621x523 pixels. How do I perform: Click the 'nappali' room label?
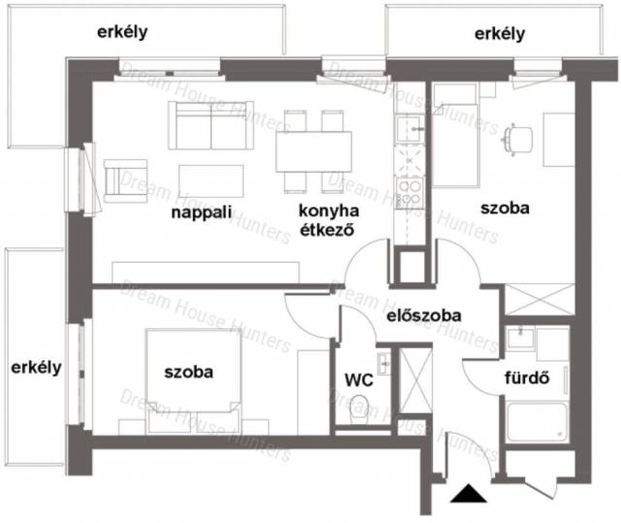point(202,212)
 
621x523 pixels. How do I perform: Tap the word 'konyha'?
point(329,211)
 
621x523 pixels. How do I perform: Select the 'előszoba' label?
point(424,315)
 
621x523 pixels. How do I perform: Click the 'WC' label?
point(359,380)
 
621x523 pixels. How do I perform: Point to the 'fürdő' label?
point(527,377)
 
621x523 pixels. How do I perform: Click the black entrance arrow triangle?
point(469,493)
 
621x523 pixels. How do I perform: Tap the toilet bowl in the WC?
point(360,409)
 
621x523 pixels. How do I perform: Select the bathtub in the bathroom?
point(538,422)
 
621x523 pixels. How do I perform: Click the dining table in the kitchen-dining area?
point(313,151)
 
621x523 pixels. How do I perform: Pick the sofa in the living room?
point(212,125)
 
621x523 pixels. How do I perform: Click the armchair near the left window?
point(125,180)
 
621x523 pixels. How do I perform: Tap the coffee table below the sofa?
point(212,180)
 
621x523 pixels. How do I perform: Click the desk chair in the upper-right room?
point(518,139)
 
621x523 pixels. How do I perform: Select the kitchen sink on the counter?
point(409,129)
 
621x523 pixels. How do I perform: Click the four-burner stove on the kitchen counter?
point(409,193)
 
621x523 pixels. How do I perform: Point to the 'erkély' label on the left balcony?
point(36,368)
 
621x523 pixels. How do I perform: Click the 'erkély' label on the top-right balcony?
point(500,34)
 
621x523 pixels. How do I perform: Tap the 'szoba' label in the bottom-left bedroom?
point(188,373)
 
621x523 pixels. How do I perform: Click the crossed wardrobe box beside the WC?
point(415,379)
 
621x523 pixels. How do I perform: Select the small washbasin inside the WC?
point(384,363)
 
